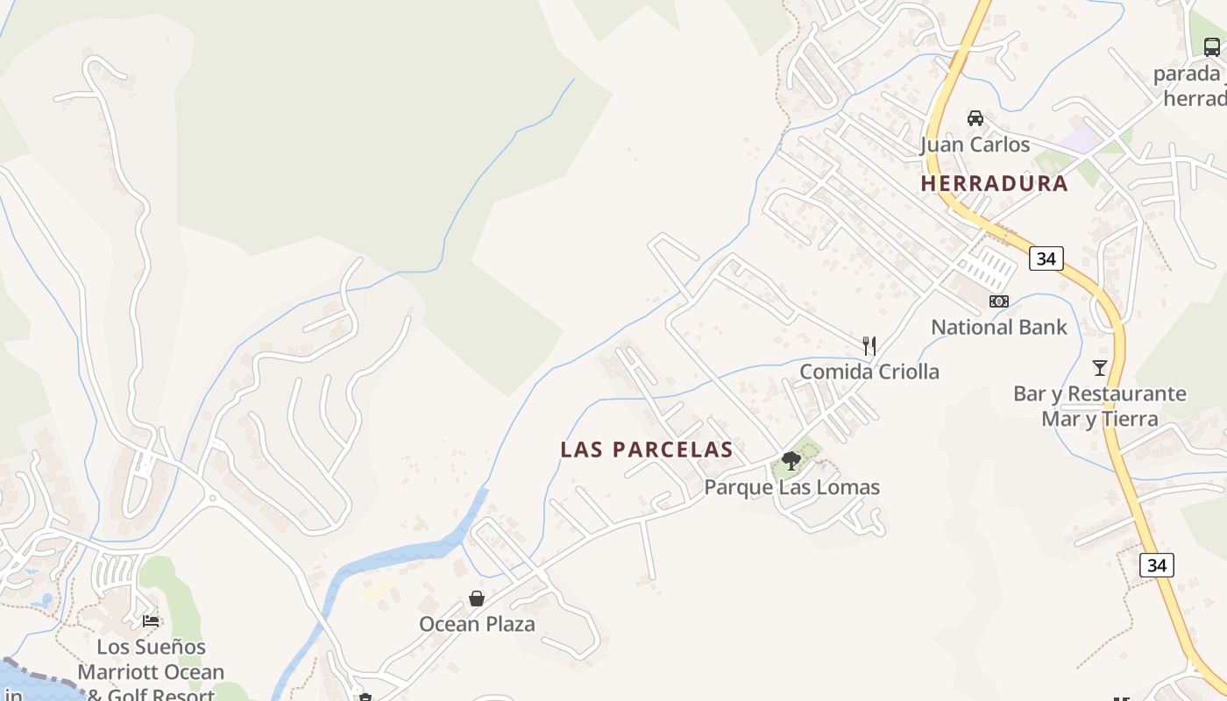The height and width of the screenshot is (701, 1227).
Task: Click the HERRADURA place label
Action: click(x=994, y=183)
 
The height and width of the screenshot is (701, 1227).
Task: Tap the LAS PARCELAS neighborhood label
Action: click(x=646, y=450)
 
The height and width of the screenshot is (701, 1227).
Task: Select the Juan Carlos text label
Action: click(x=975, y=144)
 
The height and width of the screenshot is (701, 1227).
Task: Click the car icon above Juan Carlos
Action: click(x=975, y=117)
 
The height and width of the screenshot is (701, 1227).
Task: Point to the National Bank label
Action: click(x=998, y=328)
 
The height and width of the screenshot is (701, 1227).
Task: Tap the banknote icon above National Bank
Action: click(x=998, y=301)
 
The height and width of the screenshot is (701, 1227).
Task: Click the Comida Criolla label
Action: click(x=869, y=372)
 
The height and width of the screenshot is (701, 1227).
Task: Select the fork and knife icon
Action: click(x=869, y=345)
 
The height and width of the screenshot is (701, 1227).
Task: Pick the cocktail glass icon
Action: click(x=1100, y=367)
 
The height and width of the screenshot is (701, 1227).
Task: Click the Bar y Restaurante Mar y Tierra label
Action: click(x=1100, y=406)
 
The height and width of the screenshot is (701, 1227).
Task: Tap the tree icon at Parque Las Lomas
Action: click(x=791, y=461)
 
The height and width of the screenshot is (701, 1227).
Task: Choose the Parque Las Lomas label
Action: click(x=791, y=487)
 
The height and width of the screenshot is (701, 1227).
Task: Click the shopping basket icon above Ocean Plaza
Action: click(x=477, y=598)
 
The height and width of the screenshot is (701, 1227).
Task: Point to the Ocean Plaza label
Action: click(x=477, y=624)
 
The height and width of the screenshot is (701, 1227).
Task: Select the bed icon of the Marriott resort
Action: click(x=151, y=620)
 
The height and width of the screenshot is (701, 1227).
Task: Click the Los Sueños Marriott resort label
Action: click(x=151, y=671)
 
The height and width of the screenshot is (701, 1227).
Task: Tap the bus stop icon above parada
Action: click(x=1211, y=47)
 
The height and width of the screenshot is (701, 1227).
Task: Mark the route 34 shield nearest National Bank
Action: click(x=1046, y=258)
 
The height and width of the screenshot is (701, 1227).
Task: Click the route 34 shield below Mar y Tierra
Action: click(x=1156, y=565)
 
